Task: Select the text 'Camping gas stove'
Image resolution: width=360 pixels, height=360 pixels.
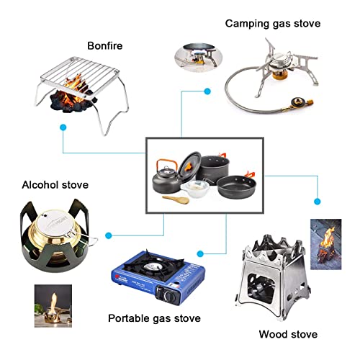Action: click(x=272, y=24)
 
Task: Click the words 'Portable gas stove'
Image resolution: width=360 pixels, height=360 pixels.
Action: click(x=154, y=318)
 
